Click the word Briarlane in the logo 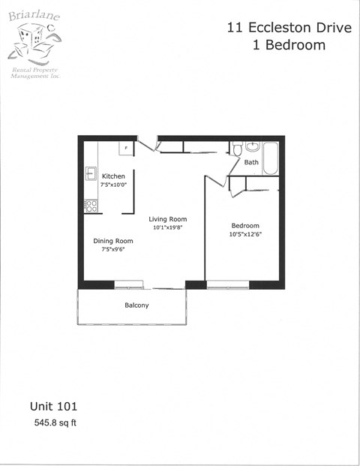34,14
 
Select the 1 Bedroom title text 289,45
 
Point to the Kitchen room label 114,176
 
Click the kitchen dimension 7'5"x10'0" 114,185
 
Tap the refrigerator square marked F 126,148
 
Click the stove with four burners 91,204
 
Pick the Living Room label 167,218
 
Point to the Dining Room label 113,241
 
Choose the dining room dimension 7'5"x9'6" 113,249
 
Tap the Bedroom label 245,226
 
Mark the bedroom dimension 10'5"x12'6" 245,234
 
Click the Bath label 251,162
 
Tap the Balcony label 136,305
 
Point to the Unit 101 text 53,406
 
